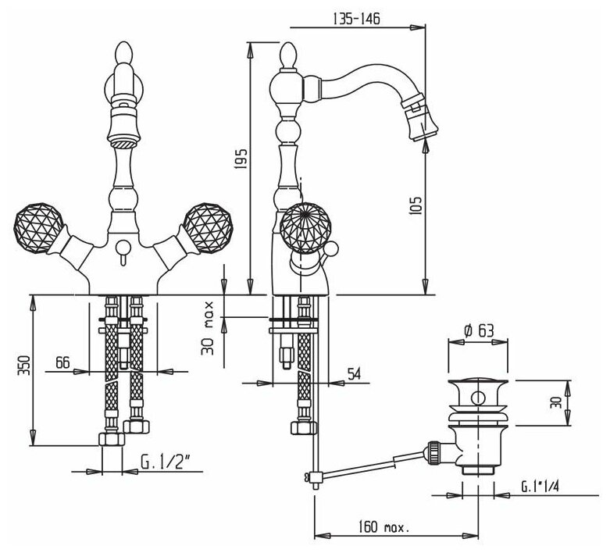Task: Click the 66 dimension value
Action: [x=62, y=362]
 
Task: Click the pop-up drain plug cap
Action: [x=476, y=387]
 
